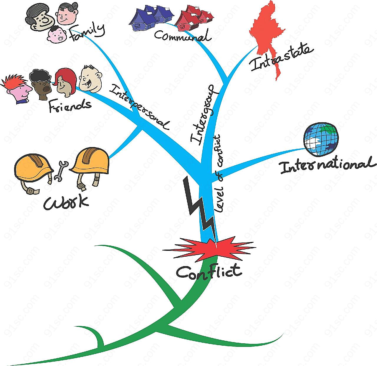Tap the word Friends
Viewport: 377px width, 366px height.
coord(70,105)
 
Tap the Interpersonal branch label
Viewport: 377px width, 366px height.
coord(139,107)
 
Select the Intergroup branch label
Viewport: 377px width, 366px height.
coord(202,115)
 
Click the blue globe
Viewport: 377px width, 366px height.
coord(321,139)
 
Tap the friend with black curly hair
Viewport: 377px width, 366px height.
coord(41,85)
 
